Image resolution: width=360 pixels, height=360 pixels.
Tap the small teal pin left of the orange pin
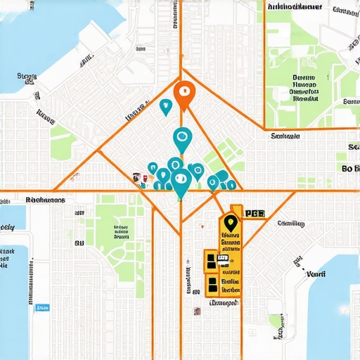[166, 106]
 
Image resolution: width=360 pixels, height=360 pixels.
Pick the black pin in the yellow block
[229, 223]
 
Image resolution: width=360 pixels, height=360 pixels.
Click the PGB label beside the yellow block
[254, 212]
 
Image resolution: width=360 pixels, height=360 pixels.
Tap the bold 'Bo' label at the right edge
[349, 169]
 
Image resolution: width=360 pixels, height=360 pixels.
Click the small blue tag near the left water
[43, 307]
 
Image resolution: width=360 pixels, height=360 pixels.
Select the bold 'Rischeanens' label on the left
[45, 200]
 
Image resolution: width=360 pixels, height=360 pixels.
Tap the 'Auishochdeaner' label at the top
[295, 6]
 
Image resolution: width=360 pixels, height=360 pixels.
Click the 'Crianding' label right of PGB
[291, 224]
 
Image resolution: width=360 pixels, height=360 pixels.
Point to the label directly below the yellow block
[223, 303]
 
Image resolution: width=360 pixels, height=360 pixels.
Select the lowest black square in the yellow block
[212, 284]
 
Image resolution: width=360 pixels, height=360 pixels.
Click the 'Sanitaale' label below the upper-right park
[285, 135]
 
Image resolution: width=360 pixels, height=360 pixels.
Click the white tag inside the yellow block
[223, 259]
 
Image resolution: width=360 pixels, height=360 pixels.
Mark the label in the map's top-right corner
[345, 11]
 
